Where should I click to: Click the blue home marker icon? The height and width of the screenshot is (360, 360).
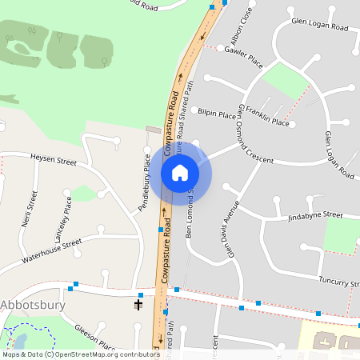coord(180,172)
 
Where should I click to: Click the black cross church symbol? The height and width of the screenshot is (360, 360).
coord(138,303)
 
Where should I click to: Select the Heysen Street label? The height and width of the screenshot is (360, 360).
coord(53,161)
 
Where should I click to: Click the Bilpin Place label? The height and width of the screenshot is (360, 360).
coord(218,114)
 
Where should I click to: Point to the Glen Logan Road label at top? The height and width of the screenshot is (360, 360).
coord(320,26)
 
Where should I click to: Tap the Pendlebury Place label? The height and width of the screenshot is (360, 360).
coord(145,182)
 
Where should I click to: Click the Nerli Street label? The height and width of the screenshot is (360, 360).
coord(31,209)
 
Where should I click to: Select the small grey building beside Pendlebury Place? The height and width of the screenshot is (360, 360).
coord(153,130)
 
